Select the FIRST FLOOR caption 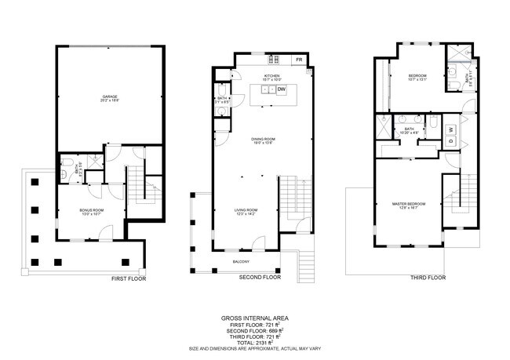pyautogui.click(x=129, y=278)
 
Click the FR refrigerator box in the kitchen pyautogui.click(x=298, y=60)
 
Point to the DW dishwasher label pyautogui.click(x=281, y=90)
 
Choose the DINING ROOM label pyautogui.click(x=262, y=140)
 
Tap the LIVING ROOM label pyautogui.click(x=246, y=210)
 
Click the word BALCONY pyautogui.click(x=240, y=261)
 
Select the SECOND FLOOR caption pyautogui.click(x=260, y=277)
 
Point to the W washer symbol pyautogui.click(x=451, y=129)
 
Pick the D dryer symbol pyautogui.click(x=451, y=141)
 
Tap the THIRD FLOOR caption pyautogui.click(x=428, y=277)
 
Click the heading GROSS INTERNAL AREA pyautogui.click(x=254, y=318)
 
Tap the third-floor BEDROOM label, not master pyautogui.click(x=417, y=75)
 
